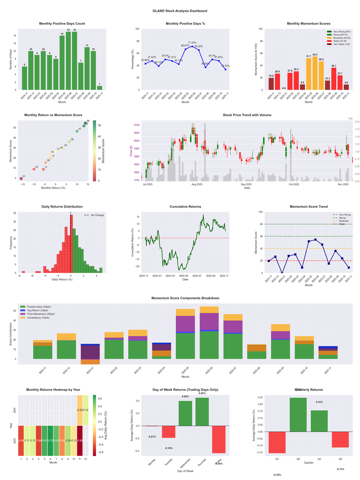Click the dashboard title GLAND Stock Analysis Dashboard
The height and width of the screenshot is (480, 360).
point(180,10)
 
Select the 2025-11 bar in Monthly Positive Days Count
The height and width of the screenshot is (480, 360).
point(99,88)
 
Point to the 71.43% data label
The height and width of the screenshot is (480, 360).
point(192,42)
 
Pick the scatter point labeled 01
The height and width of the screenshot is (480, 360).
point(21,179)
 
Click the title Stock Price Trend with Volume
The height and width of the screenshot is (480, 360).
point(247,115)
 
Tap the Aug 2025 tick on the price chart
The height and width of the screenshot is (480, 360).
point(197,185)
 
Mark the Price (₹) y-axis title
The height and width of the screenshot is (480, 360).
point(131,151)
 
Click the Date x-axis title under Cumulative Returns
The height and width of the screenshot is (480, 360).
point(185,279)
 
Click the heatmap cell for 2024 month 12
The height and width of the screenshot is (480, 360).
point(86,410)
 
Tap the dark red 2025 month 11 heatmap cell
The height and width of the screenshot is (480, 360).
point(80,440)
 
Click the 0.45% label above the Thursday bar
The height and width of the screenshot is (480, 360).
point(202,393)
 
